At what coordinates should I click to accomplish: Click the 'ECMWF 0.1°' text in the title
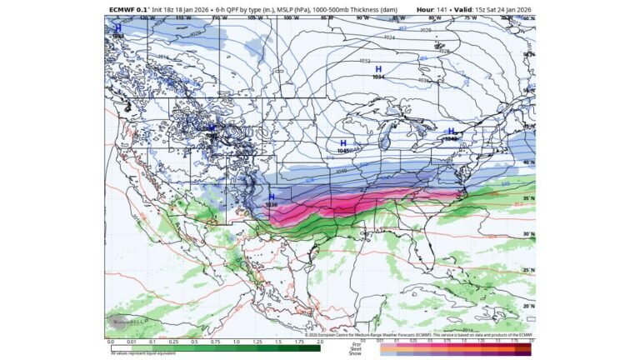tap(128, 10)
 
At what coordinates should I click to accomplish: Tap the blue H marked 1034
tap(378, 69)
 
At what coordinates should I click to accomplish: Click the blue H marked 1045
tap(342, 143)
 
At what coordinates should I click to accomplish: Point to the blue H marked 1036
tap(271, 197)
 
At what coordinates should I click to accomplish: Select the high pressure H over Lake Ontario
tap(452, 131)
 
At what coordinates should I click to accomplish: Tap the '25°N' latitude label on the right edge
tap(528, 270)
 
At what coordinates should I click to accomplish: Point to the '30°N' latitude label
tap(528, 235)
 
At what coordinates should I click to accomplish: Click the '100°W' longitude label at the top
tap(289, 17)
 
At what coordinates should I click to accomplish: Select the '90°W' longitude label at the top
tap(361, 17)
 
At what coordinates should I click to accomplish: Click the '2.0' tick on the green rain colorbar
tap(320, 342)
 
